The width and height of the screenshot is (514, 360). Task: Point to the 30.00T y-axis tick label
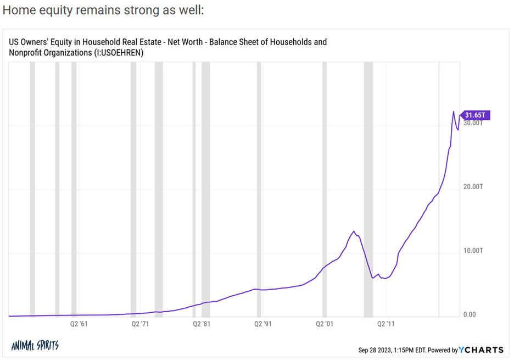point(473,123)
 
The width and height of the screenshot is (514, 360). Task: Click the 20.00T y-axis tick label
point(473,187)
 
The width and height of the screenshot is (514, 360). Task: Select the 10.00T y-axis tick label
point(473,251)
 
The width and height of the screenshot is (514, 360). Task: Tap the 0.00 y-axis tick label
point(470,315)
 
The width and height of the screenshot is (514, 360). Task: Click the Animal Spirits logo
point(35,346)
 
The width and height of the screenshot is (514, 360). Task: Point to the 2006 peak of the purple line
point(354,231)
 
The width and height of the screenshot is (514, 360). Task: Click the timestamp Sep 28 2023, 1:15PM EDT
point(393,350)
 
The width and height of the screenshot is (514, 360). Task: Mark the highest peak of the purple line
point(454,112)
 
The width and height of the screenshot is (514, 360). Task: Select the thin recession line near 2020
point(439,187)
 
